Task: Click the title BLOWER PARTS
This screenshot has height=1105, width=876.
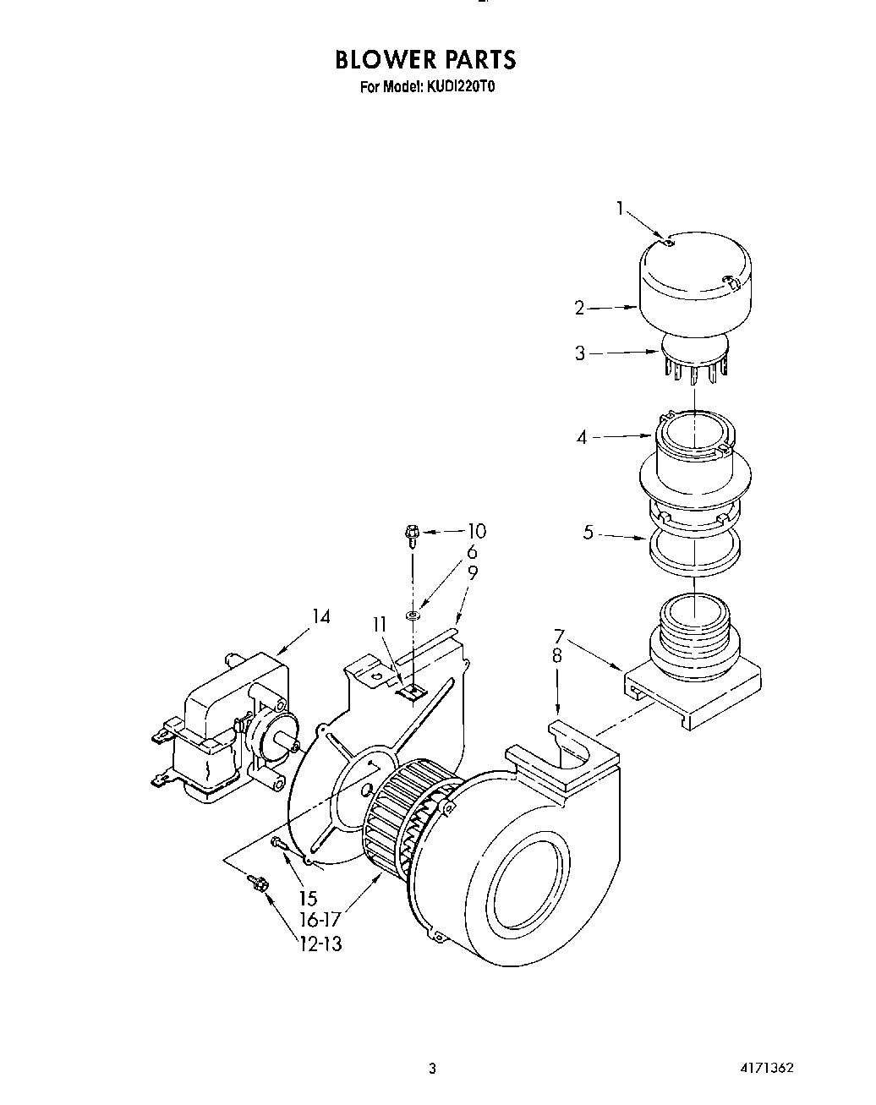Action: (424, 60)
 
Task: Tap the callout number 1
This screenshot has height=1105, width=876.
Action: (620, 208)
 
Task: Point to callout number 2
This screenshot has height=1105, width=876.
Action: (580, 309)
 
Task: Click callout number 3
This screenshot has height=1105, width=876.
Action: (580, 353)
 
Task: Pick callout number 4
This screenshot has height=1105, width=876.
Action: (582, 438)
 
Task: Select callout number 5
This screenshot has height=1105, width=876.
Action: (589, 533)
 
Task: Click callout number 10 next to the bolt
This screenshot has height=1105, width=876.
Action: (476, 531)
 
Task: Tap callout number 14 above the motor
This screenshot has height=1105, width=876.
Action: (320, 616)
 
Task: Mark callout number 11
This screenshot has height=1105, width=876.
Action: (379, 625)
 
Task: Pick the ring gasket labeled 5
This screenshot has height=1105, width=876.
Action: (694, 550)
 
